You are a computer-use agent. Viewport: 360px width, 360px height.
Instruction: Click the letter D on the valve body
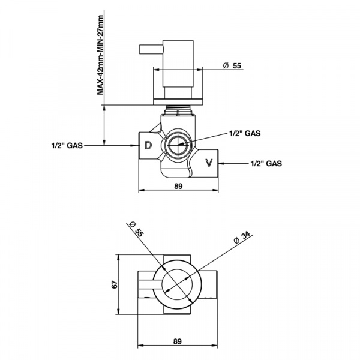pos(148,145)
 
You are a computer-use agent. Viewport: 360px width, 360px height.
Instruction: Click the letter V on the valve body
pos(209,163)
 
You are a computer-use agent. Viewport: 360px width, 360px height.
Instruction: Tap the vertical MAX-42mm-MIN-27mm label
pos(101,55)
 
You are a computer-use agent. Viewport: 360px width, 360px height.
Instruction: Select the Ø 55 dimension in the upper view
pos(232,65)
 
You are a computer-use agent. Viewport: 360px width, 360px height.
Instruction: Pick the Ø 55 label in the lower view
pos(136,229)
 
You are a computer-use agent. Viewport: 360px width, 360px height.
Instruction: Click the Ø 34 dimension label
pos(242,238)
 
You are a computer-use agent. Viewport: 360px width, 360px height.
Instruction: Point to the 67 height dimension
pos(115,284)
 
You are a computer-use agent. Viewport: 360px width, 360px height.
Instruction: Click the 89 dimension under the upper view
pos(178,186)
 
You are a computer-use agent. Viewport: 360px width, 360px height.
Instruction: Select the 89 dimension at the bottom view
pos(177,341)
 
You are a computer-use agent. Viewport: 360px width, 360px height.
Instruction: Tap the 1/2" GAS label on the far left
pos(67,145)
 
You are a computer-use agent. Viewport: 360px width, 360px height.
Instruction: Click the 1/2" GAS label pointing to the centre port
pos(245,133)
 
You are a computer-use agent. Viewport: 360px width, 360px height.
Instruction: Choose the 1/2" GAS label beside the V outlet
pos(266,163)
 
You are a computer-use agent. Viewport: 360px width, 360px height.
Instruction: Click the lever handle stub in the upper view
pos(151,50)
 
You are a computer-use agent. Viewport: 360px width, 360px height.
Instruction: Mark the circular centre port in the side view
pos(178,145)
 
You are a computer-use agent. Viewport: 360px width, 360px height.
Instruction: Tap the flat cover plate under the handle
pos(178,102)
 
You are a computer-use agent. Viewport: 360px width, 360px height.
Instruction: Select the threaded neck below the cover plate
pos(178,109)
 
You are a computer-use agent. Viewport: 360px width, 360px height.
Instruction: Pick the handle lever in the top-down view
pos(147,284)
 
